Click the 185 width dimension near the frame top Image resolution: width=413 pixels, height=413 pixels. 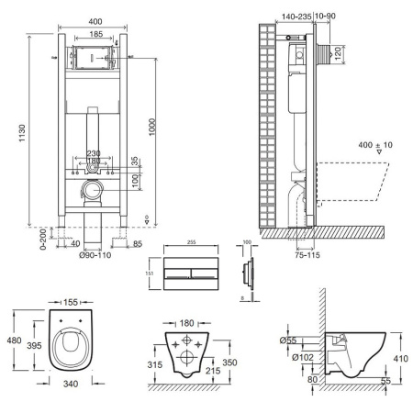coord(95,33)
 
